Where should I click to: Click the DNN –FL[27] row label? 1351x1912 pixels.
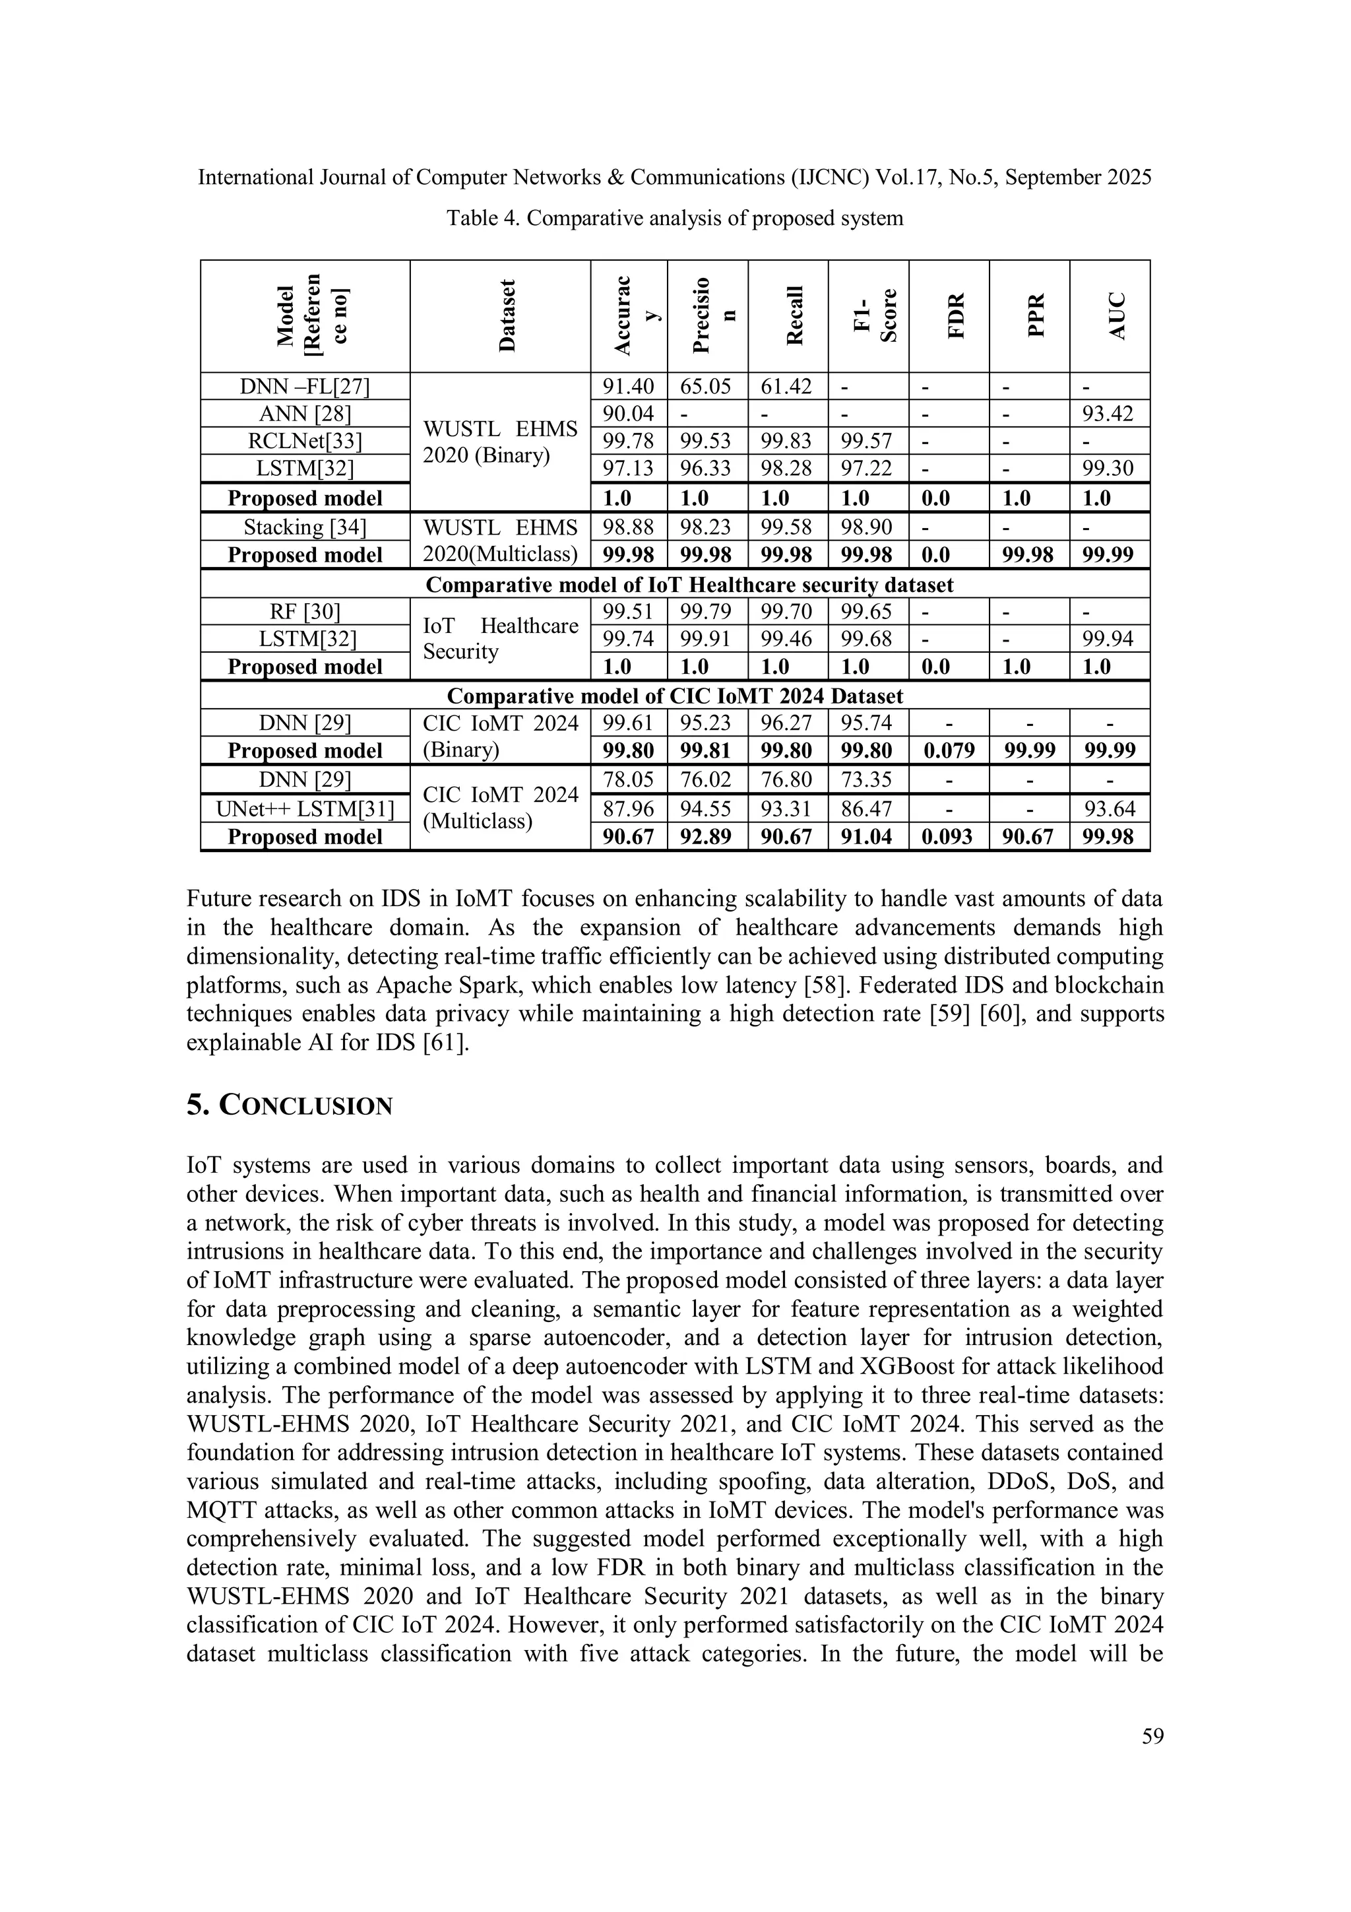[305, 386]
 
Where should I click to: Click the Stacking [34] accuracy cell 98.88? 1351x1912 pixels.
[629, 527]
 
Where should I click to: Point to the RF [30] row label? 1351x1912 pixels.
[305, 612]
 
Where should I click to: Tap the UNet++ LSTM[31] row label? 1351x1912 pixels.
[305, 808]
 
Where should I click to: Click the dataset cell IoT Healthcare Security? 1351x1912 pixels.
[499, 639]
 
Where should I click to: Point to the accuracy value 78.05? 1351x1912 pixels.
[629, 780]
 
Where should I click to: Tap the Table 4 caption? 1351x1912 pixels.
[674, 218]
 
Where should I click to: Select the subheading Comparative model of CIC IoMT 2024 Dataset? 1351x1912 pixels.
[674, 696]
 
